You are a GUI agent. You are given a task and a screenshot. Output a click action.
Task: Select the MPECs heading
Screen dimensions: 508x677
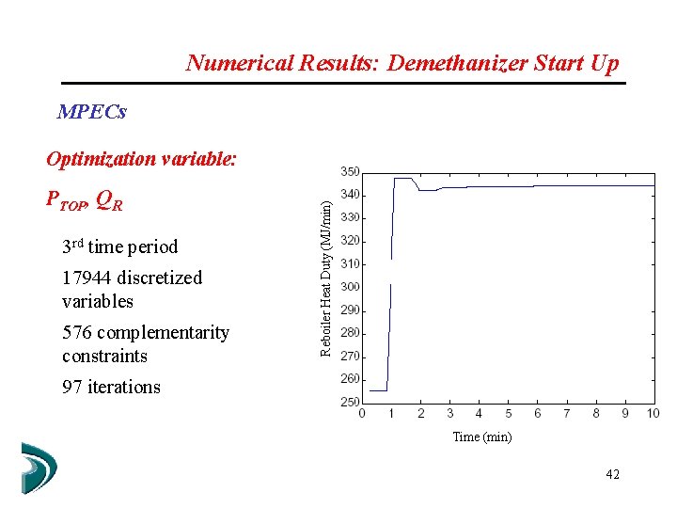(91, 112)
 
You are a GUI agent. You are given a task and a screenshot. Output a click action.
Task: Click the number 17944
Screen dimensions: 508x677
(87, 278)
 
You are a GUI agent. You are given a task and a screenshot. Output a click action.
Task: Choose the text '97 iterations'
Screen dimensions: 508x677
(111, 387)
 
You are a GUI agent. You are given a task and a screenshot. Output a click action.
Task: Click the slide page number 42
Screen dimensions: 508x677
(612, 475)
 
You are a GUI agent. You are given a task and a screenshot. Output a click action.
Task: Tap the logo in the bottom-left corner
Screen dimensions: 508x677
(39, 468)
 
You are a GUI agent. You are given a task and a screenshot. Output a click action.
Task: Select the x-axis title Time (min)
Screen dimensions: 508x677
(482, 437)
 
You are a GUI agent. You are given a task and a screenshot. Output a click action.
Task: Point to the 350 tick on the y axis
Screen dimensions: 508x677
(350, 172)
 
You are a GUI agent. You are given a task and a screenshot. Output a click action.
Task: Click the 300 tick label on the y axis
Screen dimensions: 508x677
(350, 287)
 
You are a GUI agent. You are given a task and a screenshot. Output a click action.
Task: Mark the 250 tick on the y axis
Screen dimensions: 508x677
(350, 402)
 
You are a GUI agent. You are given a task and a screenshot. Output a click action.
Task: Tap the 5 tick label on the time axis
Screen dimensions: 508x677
(508, 414)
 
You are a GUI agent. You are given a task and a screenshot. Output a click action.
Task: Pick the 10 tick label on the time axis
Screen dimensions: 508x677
(653, 414)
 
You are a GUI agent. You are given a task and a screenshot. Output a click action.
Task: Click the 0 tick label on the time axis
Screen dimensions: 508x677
(363, 414)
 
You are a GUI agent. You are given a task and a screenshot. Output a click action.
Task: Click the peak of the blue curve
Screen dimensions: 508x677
(402, 179)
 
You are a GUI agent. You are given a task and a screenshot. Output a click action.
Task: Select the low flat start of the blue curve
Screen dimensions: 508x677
(378, 389)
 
